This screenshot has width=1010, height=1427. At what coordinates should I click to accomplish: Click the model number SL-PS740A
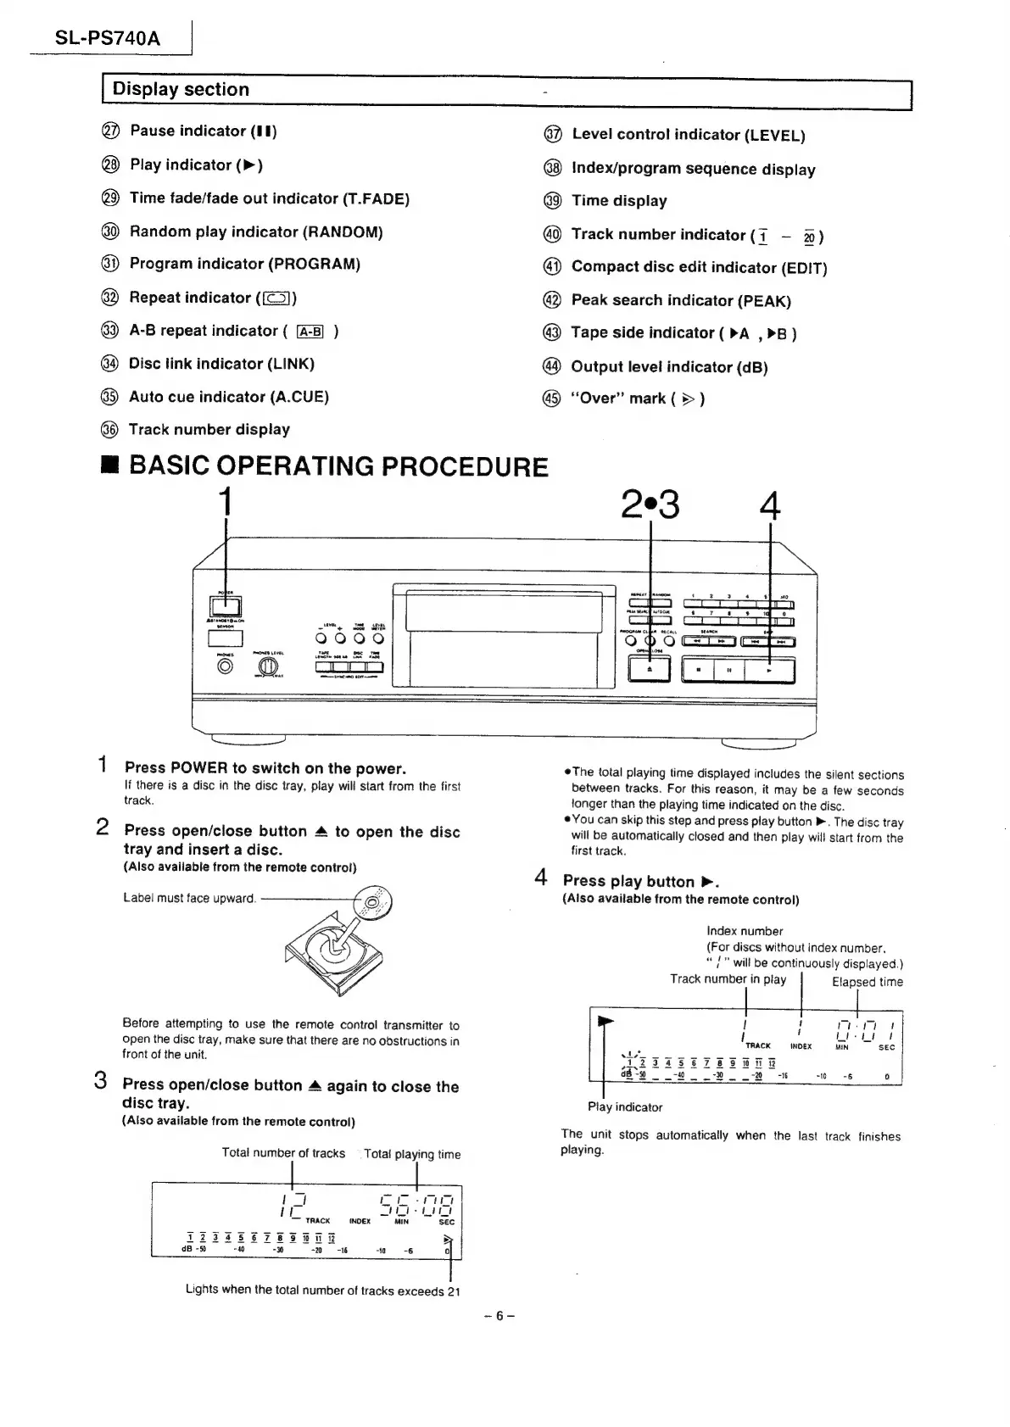(x=107, y=38)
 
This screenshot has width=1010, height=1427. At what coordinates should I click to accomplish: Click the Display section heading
(x=181, y=90)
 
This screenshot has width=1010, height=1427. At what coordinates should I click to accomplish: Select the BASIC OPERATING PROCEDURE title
(x=338, y=466)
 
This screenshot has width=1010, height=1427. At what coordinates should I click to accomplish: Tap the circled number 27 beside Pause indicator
(x=110, y=131)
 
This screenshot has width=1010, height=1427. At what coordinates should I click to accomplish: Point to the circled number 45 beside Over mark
(x=551, y=399)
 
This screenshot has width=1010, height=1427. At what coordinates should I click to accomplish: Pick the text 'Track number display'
(x=209, y=430)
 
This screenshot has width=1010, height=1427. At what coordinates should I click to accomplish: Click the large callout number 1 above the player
(x=225, y=502)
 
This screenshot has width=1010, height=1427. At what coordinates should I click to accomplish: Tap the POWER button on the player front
(x=225, y=606)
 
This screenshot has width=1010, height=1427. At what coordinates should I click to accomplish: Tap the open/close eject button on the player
(x=650, y=669)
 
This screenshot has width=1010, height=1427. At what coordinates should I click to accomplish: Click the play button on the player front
(x=770, y=670)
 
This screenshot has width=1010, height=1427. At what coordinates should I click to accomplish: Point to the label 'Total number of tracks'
(x=283, y=1153)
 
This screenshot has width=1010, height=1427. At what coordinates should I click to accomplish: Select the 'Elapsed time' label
(x=867, y=982)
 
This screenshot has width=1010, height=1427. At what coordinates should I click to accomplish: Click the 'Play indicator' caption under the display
(x=625, y=1106)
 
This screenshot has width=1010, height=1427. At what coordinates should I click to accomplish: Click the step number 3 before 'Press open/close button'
(x=101, y=1081)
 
